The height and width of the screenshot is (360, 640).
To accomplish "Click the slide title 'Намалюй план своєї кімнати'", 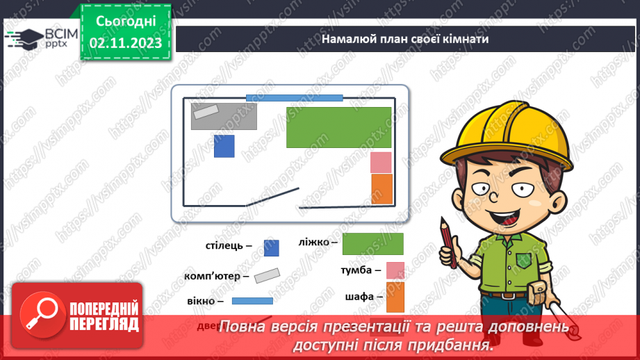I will coord(405,39).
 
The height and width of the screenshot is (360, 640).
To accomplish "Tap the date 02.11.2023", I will coord(125,43).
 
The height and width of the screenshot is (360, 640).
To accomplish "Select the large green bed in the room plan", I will coord(338,127).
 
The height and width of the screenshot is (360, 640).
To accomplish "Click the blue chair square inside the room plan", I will coord(224,146).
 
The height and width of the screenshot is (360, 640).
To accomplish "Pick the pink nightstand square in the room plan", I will coord(381,162).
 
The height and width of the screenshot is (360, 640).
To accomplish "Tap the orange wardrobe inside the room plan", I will coord(381,188).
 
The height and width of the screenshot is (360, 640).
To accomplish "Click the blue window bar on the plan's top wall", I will coord(294,98).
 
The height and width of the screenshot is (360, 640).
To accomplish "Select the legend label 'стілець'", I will coord(224,246).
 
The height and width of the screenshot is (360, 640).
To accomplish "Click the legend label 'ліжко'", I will coord(317,242).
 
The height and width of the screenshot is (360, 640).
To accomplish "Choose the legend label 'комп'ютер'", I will coord(217,276).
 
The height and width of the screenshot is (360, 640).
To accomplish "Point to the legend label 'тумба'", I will coord(360,270).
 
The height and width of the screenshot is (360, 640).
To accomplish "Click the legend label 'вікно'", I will coord(205,302).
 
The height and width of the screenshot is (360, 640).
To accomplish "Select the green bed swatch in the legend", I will coord(372,244).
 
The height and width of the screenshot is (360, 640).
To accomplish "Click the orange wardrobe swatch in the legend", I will coord(395,297).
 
